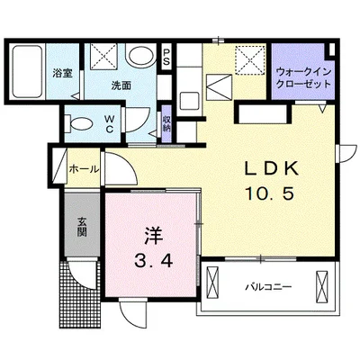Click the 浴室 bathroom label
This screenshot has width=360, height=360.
click(x=63, y=73)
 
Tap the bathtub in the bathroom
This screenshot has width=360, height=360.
click(x=27, y=71)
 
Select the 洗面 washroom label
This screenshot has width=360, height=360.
click(x=121, y=85)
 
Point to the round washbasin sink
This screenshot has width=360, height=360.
click(x=141, y=55)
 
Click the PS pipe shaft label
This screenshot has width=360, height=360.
click(x=166, y=58)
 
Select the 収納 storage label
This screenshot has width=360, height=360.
click(x=166, y=123)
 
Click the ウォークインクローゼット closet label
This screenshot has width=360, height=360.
click(x=303, y=78)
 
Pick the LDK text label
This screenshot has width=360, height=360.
click(x=272, y=169)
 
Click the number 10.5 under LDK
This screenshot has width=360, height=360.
click(x=269, y=193)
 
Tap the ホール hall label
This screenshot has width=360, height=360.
click(x=84, y=169)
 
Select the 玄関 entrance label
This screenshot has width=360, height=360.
click(x=81, y=227)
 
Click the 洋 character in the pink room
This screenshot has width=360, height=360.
click(x=153, y=236)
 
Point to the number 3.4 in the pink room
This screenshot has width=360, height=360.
click(x=153, y=260)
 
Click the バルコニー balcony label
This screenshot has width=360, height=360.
click(x=268, y=287)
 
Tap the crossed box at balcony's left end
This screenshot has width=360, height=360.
click(x=212, y=283)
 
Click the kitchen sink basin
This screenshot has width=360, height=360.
click(x=188, y=102)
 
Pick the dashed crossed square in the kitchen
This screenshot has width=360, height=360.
click(x=250, y=59)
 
